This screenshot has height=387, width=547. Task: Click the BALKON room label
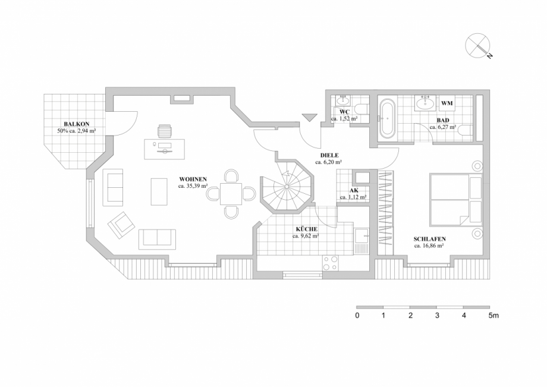tap(77, 124)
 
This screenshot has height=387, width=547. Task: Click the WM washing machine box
tap(447, 103)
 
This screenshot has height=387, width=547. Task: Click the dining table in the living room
tap(231, 193)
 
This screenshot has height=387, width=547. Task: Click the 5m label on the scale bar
tap(493, 316)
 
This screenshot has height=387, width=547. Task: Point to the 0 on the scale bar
tap(357, 316)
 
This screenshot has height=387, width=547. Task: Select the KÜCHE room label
tap(306, 229)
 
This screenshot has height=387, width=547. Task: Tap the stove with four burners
tap(331, 263)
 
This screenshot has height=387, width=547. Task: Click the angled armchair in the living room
tap(122, 223)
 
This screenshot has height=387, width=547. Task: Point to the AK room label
tap(353, 190)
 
